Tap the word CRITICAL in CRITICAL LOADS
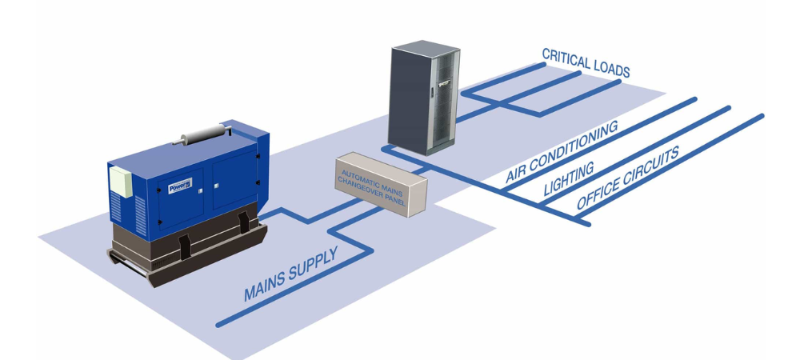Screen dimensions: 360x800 tap(566, 58)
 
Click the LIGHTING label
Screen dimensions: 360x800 tap(569, 180)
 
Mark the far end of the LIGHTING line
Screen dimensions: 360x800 tap(728, 108)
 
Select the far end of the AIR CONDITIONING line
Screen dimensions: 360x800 tap(694, 99)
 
